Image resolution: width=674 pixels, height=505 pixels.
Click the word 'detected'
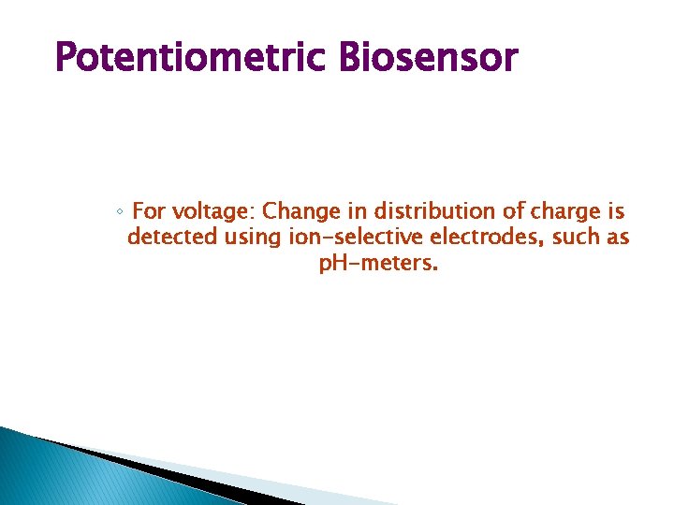[x=173, y=238]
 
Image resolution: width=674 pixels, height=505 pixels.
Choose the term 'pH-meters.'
[x=377, y=264]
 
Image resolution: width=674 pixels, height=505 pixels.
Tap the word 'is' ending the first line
[x=616, y=211]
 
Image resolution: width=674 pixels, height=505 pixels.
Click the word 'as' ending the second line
[x=618, y=238]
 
